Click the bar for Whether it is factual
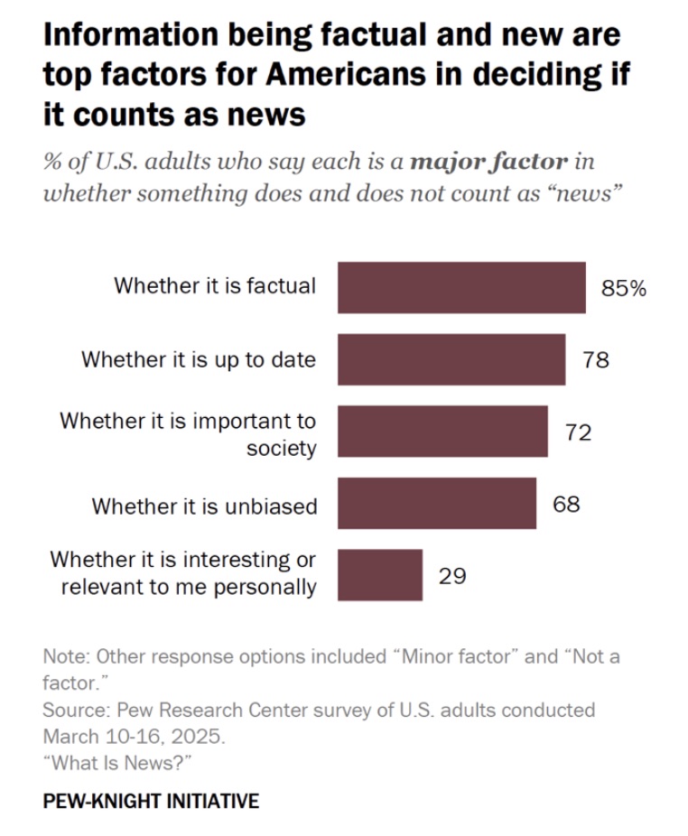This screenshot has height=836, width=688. click(461, 287)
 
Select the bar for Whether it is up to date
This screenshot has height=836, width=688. click(451, 359)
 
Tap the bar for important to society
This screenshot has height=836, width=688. click(442, 432)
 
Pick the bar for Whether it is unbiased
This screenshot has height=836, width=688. click(436, 503)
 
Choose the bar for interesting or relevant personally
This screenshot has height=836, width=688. click(380, 575)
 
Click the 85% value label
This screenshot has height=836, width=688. click(624, 289)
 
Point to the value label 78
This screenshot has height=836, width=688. click(595, 360)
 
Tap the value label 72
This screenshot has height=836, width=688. click(578, 432)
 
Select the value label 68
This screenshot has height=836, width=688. click(566, 504)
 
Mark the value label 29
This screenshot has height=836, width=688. click(452, 576)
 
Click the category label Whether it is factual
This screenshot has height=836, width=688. click(215, 286)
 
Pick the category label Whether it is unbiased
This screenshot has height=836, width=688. click(204, 506)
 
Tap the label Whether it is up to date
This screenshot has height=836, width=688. click(199, 359)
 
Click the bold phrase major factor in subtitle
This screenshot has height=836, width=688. click(488, 163)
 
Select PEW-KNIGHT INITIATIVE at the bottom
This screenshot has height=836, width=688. click(151, 801)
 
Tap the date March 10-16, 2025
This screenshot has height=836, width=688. click(133, 735)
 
